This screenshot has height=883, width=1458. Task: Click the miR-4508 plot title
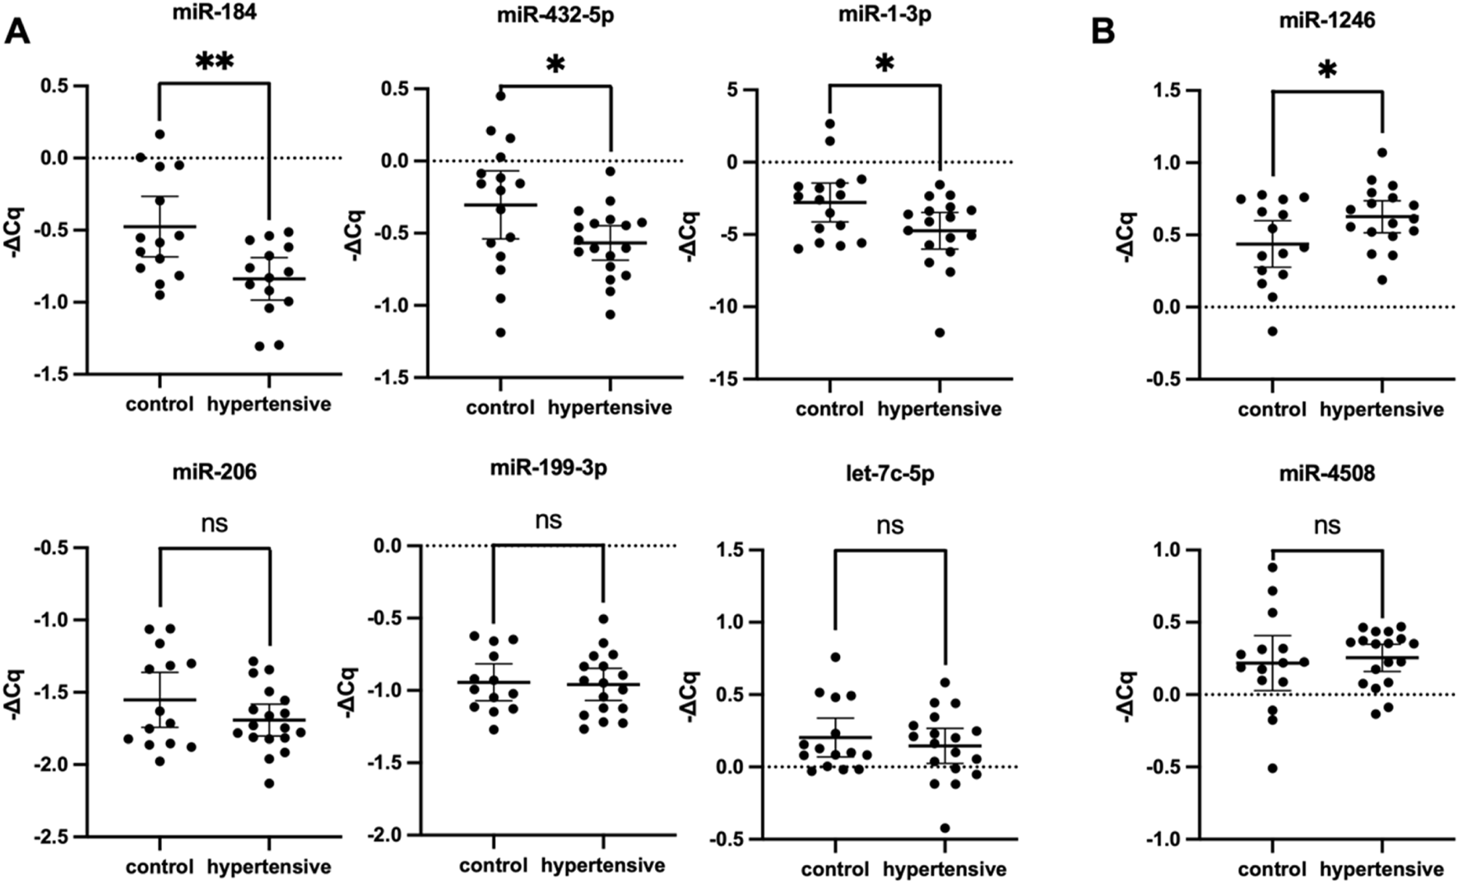point(1327,475)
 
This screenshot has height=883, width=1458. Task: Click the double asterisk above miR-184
point(215,63)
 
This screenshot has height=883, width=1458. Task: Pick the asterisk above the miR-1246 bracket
point(1326,71)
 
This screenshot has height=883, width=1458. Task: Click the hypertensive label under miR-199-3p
point(603,866)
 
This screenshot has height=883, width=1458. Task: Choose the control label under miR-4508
point(1272,869)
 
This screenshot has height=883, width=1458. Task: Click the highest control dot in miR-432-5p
point(500,95)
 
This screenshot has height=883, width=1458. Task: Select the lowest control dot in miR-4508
point(1272,768)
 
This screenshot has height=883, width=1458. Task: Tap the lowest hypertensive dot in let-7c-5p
point(945,828)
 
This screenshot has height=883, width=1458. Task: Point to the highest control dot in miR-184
point(160,133)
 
